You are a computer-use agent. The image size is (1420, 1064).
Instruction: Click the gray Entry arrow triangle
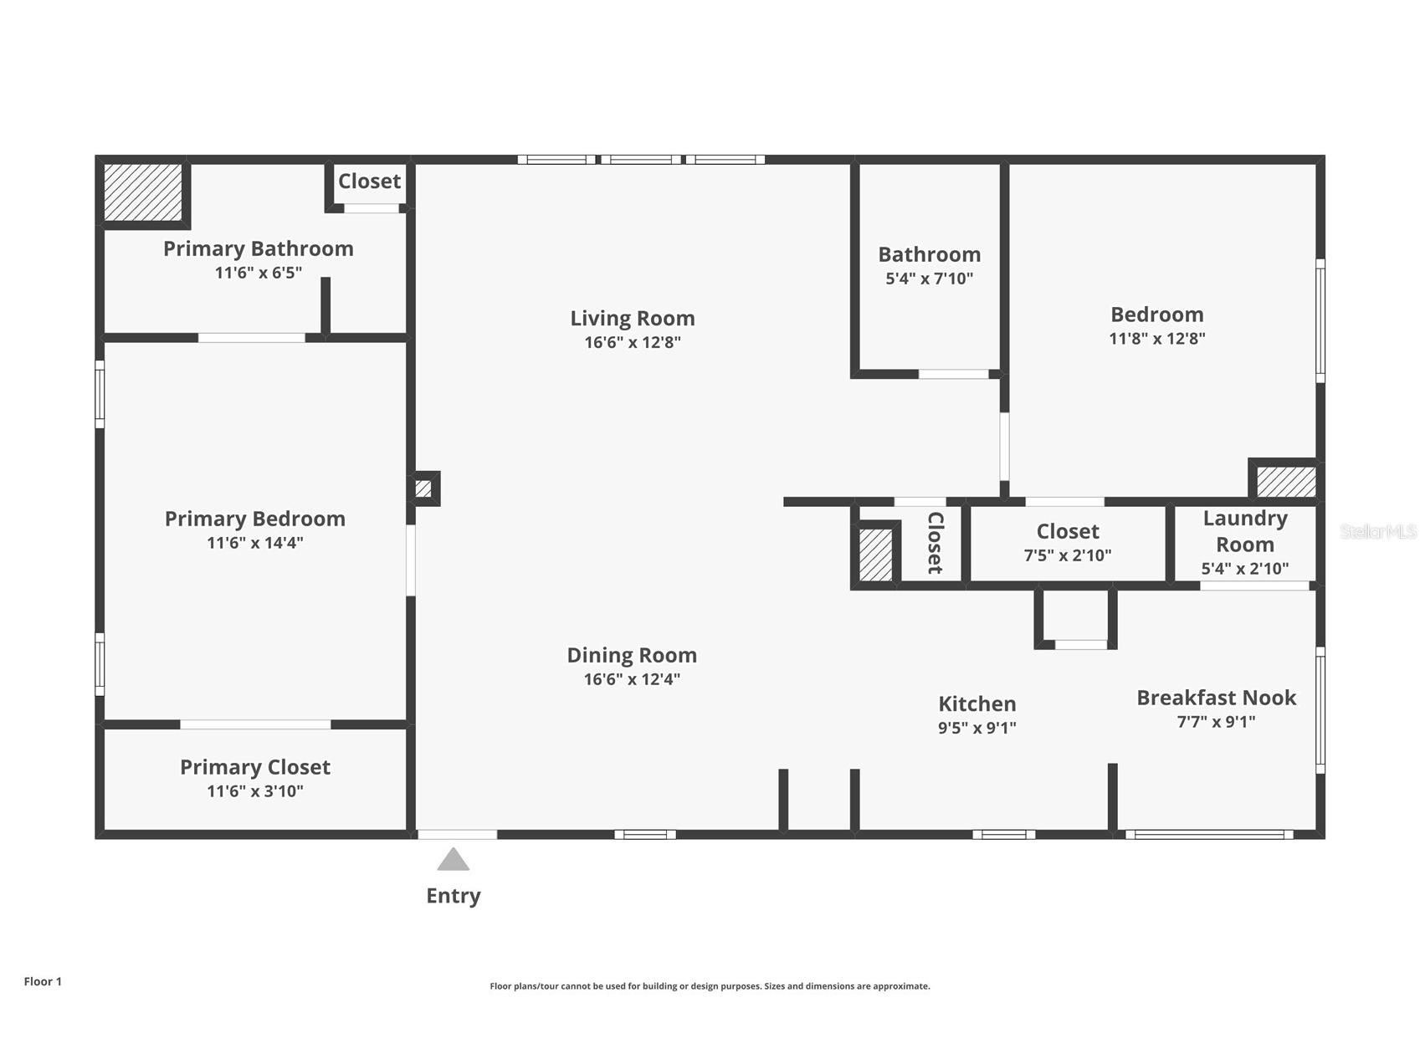point(453,860)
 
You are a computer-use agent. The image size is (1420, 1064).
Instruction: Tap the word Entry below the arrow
point(453,896)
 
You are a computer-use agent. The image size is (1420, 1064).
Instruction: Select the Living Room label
point(633,318)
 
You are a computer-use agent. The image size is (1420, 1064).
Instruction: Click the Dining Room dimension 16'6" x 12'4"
point(632,679)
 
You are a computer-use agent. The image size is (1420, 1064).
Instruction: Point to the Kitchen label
point(977,703)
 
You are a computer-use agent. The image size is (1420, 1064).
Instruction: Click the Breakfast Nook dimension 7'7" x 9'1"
point(1216,722)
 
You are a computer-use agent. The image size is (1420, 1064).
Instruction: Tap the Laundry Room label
point(1244,531)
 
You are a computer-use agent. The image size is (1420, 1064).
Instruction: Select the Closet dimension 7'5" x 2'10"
point(1067,555)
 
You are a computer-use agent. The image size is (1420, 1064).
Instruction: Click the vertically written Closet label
point(935,543)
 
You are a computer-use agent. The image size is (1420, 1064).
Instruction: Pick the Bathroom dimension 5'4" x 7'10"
point(929,279)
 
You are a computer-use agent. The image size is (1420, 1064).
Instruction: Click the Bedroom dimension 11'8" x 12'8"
point(1156,339)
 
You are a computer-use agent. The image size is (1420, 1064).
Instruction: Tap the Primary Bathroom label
point(258,248)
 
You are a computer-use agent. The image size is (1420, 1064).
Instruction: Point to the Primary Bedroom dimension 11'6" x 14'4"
point(254,543)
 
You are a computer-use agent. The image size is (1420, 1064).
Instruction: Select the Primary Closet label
point(254,767)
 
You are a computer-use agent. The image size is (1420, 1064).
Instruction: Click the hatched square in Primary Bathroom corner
point(143,192)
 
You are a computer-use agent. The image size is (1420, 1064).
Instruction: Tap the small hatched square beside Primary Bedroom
point(423,489)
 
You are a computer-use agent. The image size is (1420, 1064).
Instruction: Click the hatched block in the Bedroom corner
point(1286,482)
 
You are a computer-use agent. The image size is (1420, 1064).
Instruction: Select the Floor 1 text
point(43,982)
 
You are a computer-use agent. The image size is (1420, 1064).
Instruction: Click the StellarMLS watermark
point(1377,531)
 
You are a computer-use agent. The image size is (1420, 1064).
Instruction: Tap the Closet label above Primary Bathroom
point(369,181)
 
